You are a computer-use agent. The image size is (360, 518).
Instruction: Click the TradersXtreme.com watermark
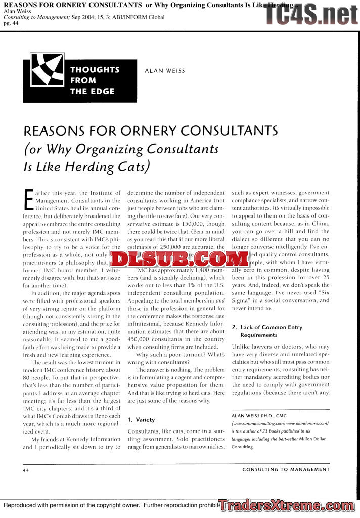point(289,505)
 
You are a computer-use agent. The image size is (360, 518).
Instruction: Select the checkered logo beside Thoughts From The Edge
point(46,81)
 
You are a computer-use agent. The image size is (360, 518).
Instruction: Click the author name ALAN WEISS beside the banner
point(165,71)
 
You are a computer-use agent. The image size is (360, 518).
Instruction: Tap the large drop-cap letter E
point(28,200)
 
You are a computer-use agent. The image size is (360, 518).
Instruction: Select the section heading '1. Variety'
point(141,420)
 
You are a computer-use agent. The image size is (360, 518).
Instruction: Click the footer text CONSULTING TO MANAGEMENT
point(286,469)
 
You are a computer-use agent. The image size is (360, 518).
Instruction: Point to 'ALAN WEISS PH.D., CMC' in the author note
point(259,416)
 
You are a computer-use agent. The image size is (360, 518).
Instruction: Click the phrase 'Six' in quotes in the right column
point(322,292)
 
